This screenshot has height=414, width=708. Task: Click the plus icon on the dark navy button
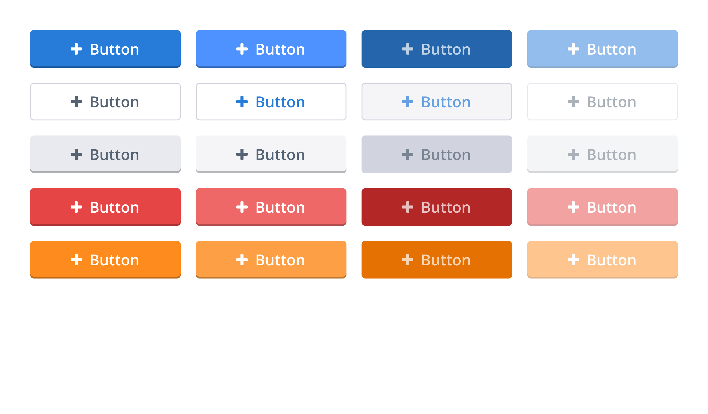point(407,49)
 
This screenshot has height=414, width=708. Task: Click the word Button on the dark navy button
point(446,49)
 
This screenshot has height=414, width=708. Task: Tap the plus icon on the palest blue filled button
point(573,49)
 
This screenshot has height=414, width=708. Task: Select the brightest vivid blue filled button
point(271,49)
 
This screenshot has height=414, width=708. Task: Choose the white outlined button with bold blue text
point(271,102)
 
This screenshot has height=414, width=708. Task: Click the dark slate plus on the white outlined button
point(76,102)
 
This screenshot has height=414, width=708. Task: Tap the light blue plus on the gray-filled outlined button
point(407,102)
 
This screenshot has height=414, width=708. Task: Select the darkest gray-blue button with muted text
point(437,154)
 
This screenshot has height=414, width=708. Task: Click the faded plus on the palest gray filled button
point(573,154)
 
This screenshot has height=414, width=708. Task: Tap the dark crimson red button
point(437,207)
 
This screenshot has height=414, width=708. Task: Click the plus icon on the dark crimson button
point(407,207)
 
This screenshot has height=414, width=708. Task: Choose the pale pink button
point(602,207)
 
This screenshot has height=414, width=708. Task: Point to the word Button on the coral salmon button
point(280,207)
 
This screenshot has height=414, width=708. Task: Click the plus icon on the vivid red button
point(76,207)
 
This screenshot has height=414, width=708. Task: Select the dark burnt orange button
point(437,259)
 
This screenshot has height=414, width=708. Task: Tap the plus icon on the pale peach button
point(573,259)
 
